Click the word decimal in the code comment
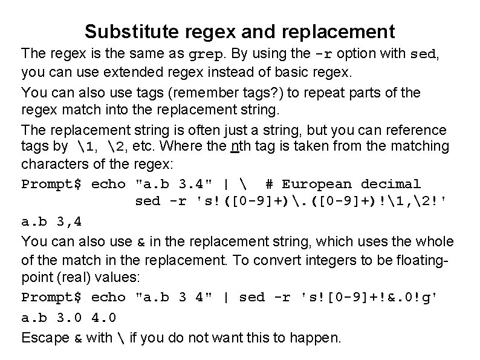click(391, 184)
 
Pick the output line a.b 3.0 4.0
click(69, 317)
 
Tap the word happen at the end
click(320, 337)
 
